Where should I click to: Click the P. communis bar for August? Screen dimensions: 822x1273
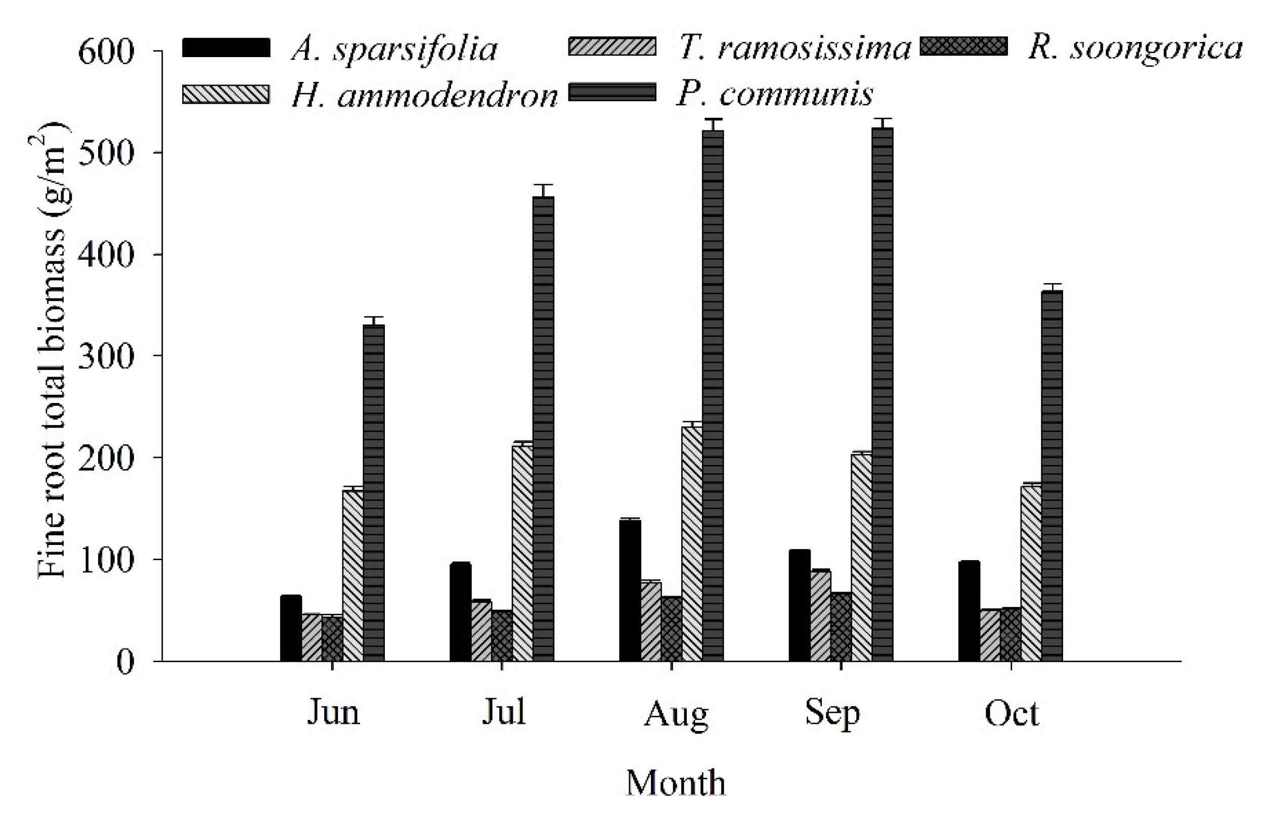coord(712,395)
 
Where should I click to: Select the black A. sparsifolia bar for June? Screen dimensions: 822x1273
coord(291,628)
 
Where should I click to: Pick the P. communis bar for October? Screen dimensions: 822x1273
coord(1052,475)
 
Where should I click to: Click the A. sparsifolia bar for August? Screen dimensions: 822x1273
coord(630,590)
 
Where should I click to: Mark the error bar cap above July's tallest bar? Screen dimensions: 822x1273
coord(543,185)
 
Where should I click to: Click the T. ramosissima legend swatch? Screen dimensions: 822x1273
coord(612,47)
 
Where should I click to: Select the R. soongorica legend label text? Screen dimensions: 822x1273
coord(1135,49)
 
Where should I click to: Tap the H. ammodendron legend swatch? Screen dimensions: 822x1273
coord(226,94)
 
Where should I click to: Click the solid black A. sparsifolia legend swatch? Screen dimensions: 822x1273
coord(226,47)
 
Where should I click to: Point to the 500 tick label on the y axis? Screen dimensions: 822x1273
coord(105,154)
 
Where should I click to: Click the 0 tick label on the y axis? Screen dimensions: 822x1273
coord(125,662)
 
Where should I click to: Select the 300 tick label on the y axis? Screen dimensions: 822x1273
coord(105,356)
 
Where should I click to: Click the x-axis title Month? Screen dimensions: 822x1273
coord(676,783)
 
